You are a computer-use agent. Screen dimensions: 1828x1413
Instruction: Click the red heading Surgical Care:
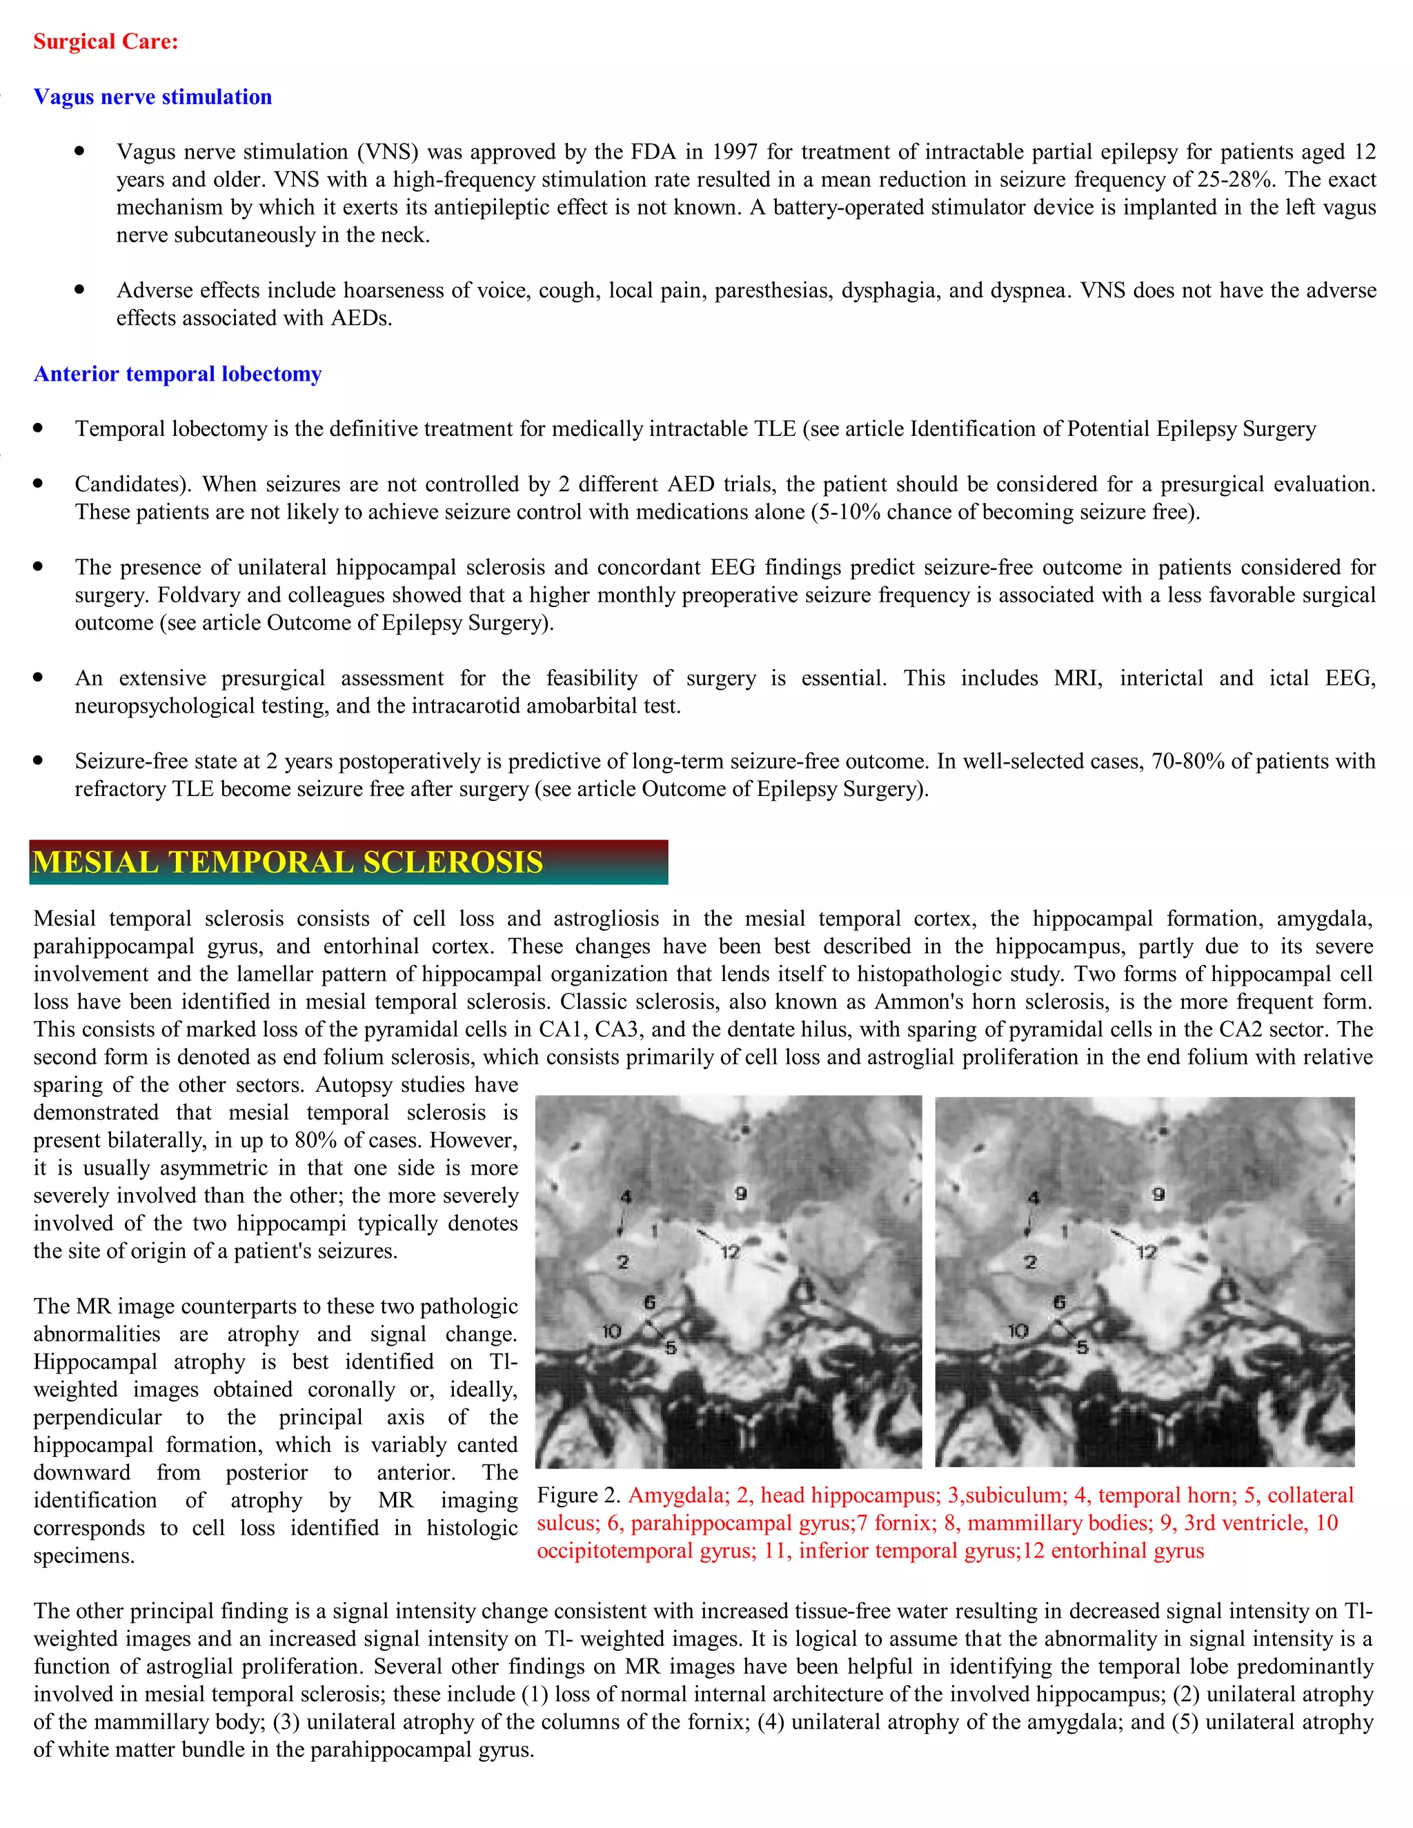(x=106, y=42)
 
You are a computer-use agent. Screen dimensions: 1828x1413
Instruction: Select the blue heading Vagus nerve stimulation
(x=152, y=97)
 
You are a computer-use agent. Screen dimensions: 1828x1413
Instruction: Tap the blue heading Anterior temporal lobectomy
(x=177, y=374)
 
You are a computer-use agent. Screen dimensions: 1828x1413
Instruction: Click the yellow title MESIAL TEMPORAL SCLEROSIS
(x=288, y=863)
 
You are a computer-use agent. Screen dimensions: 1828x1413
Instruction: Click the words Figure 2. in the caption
(x=580, y=1495)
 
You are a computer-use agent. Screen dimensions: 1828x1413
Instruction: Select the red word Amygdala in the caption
(x=675, y=1495)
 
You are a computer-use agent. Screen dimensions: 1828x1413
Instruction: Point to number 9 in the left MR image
(x=740, y=1193)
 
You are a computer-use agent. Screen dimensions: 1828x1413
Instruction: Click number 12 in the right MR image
(x=1146, y=1252)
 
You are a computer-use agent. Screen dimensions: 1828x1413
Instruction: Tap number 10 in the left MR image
(x=612, y=1331)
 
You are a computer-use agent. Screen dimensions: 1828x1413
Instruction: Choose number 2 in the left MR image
(x=623, y=1262)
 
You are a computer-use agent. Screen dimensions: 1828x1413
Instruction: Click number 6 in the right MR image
(x=1059, y=1302)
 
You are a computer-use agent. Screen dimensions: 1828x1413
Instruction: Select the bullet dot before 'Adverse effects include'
(x=79, y=290)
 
